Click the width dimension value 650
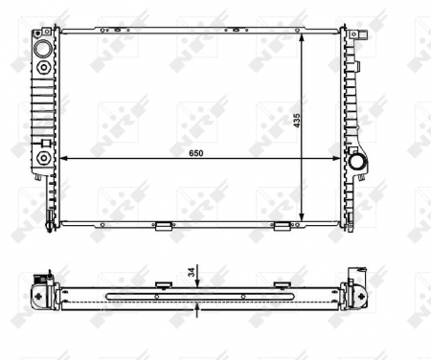[197, 151]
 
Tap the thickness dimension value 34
[192, 273]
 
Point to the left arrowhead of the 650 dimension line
[63, 157]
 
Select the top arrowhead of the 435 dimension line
[303, 35]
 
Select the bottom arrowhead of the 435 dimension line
[303, 217]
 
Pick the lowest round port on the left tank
[44, 157]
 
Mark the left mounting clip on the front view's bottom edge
[163, 227]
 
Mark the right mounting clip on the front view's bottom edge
[282, 227]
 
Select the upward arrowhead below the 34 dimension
[197, 307]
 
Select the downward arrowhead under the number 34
[197, 285]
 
